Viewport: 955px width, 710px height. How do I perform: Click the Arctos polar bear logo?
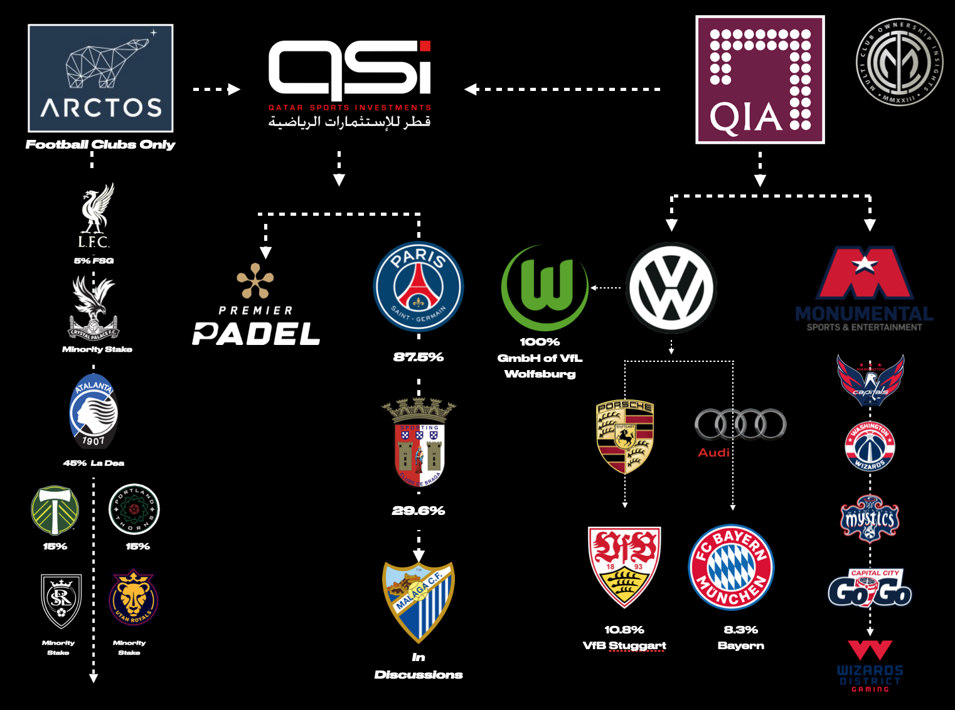pos(100,78)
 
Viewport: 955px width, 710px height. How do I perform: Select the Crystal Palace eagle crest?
pos(93,308)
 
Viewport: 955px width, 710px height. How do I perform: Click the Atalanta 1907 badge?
pos(93,411)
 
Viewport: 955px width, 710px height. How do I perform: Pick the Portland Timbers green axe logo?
pos(55,510)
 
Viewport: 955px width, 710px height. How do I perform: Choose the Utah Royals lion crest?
pos(133,597)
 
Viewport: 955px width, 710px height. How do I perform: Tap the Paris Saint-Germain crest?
pos(419,287)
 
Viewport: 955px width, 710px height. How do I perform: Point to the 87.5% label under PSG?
pos(419,357)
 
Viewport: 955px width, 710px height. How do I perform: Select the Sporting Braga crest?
pos(419,443)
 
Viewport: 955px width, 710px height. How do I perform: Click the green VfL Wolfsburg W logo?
pos(545,287)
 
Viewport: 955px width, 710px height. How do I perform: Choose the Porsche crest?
pos(625,437)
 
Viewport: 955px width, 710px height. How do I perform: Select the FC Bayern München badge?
pos(732,567)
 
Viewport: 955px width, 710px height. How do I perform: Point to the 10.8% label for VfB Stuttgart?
pos(624,630)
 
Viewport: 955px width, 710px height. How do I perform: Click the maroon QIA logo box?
pos(760,80)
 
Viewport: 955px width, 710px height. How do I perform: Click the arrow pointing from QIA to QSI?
pos(472,89)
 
